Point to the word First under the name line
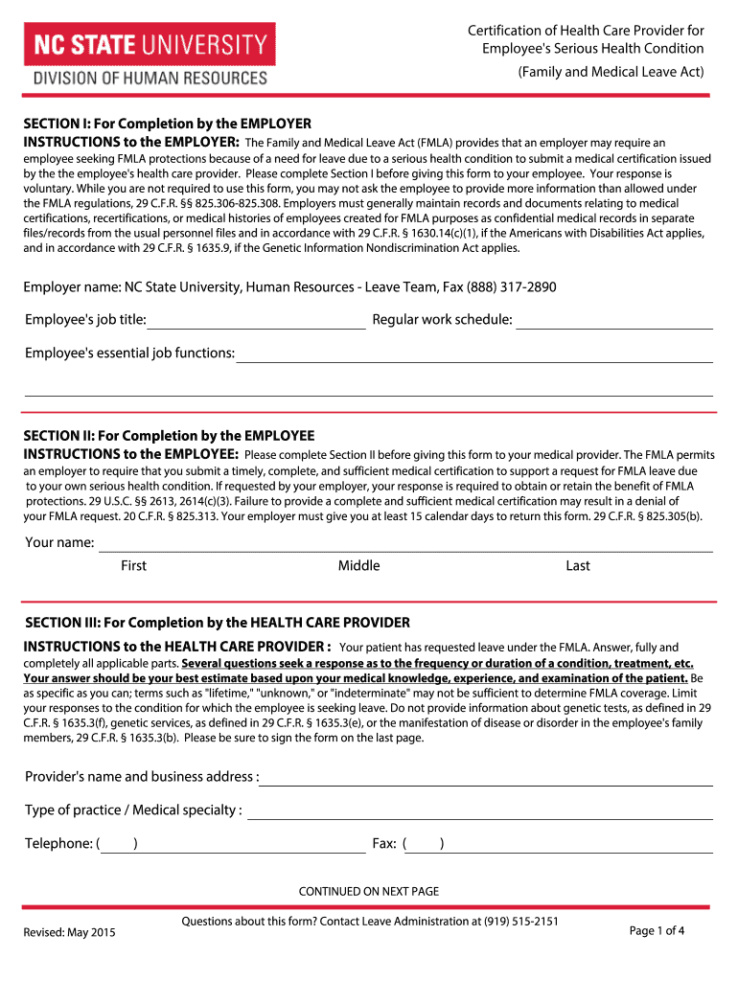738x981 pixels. (x=133, y=566)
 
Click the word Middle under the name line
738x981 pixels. (x=358, y=566)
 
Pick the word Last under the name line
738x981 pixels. (x=578, y=566)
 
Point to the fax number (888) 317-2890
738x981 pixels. (x=513, y=287)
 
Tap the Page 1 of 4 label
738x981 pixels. (x=657, y=930)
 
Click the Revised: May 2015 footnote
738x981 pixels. (x=69, y=932)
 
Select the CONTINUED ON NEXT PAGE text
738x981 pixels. (x=369, y=891)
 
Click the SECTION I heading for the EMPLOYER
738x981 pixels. (x=168, y=125)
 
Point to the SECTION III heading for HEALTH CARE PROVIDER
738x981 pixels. (x=218, y=623)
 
